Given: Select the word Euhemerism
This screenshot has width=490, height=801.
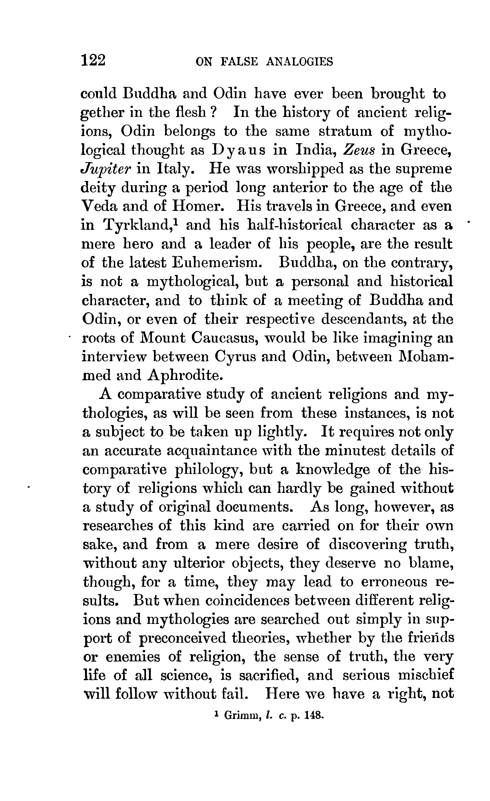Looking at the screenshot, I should click(218, 263).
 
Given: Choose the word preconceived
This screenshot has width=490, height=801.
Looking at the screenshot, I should click(182, 638).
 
